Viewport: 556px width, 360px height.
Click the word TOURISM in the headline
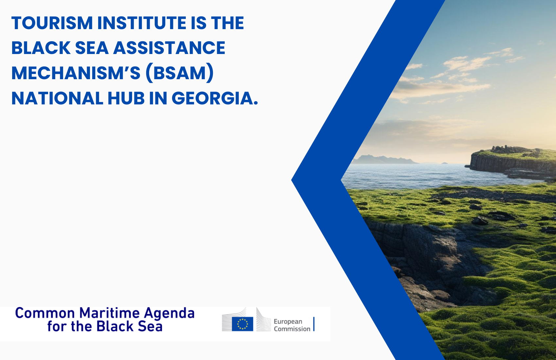(x=52, y=23)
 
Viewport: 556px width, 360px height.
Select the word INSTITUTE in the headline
(x=142, y=23)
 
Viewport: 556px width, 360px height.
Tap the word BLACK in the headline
(x=41, y=48)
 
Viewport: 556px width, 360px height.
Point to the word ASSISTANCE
(x=169, y=48)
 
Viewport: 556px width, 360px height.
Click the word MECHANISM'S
(x=76, y=73)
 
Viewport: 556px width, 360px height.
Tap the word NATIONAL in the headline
(x=57, y=99)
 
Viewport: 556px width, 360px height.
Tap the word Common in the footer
(x=45, y=313)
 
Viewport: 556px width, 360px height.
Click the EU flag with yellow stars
(x=242, y=324)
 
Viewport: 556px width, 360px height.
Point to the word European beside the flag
(x=288, y=322)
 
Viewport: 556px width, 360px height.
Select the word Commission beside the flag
(x=292, y=329)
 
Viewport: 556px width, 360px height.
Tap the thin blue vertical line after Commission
(x=314, y=324)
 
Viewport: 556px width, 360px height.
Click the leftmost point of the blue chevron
(x=291, y=180)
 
